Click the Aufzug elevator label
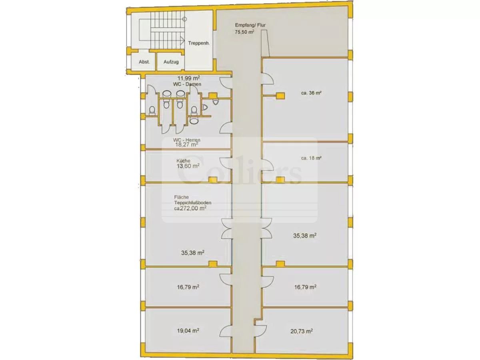(x=171, y=62)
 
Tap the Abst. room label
(x=144, y=62)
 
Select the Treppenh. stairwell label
(x=199, y=43)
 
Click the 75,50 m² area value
(x=244, y=32)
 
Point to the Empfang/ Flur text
(x=250, y=25)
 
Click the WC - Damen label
(x=187, y=84)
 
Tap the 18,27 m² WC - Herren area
(x=186, y=144)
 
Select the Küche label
(x=183, y=161)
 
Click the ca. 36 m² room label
(x=311, y=93)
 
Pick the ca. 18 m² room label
(x=311, y=158)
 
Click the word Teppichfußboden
(x=193, y=203)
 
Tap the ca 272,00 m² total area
(x=190, y=208)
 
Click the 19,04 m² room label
(x=188, y=331)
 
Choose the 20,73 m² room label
(x=301, y=331)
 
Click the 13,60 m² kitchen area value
(x=188, y=166)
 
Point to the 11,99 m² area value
(x=189, y=78)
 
